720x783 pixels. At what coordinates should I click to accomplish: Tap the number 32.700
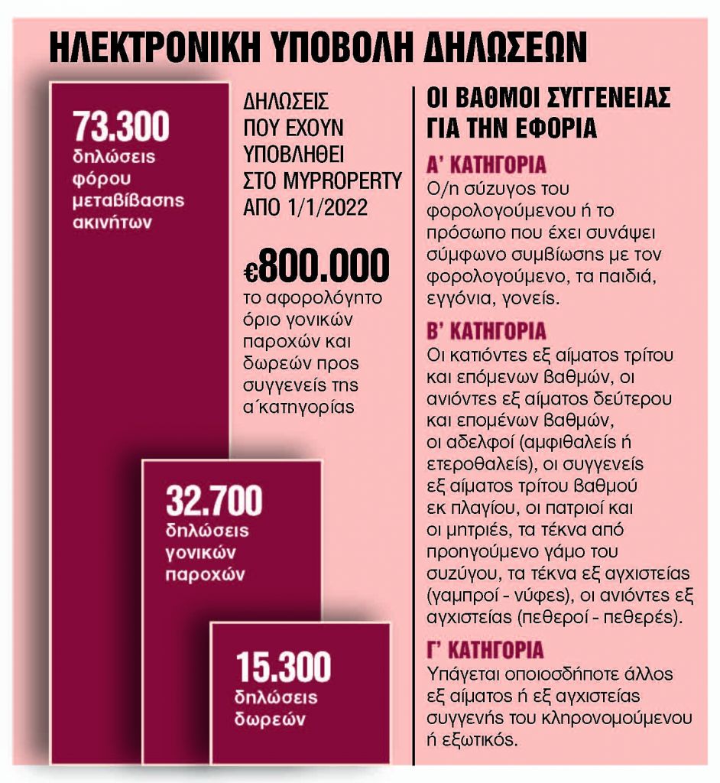pyautogui.click(x=213, y=501)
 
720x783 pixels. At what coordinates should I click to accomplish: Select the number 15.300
pyautogui.click(x=283, y=667)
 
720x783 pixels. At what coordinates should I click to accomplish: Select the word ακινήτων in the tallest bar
pyautogui.click(x=108, y=223)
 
